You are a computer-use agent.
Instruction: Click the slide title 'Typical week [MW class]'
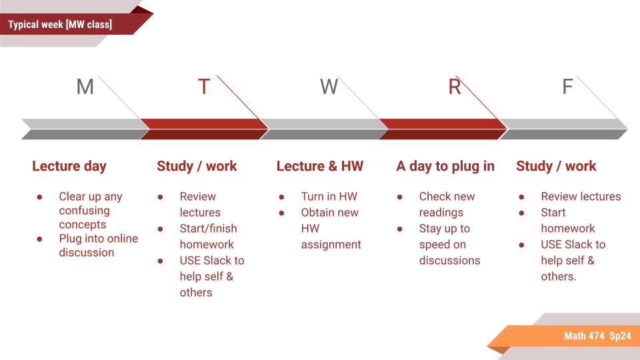pyautogui.click(x=60, y=25)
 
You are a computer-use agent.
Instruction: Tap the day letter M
pyautogui.click(x=85, y=87)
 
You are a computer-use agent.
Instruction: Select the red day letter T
pyautogui.click(x=204, y=87)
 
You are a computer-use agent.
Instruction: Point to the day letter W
pyautogui.click(x=329, y=87)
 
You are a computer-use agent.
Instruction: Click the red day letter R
pyautogui.click(x=454, y=87)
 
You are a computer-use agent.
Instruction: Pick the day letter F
pyautogui.click(x=567, y=87)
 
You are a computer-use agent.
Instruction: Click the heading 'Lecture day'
pyautogui.click(x=69, y=166)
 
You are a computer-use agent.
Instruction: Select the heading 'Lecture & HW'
pyautogui.click(x=319, y=166)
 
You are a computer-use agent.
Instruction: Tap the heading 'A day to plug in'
pyautogui.click(x=445, y=166)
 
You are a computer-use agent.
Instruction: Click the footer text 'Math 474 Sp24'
pyautogui.click(x=597, y=336)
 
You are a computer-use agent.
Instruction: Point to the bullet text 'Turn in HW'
pyautogui.click(x=329, y=197)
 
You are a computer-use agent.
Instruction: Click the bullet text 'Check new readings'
pyautogui.click(x=447, y=204)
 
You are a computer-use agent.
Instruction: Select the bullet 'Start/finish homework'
pyautogui.click(x=208, y=236)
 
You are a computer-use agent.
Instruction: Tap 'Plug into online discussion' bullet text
pyautogui.click(x=98, y=245)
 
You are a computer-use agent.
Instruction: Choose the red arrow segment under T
pyautogui.click(x=203, y=129)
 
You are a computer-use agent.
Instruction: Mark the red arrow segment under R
pyautogui.click(x=443, y=129)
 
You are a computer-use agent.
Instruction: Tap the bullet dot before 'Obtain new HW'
pyautogui.click(x=282, y=213)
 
